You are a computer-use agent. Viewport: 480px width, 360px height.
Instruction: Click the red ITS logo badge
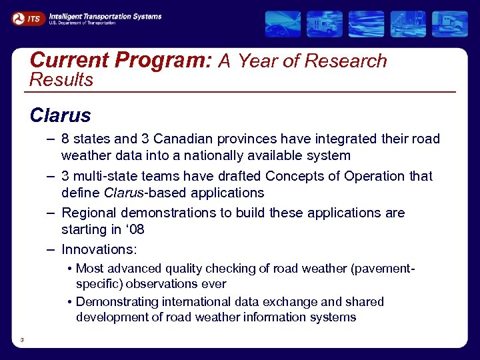tap(28, 19)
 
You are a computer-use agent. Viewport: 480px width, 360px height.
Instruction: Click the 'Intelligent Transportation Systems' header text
tap(105, 16)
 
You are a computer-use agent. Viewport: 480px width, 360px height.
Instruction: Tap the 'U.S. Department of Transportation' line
tap(82, 23)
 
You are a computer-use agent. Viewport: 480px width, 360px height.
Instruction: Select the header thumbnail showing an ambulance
tap(325, 24)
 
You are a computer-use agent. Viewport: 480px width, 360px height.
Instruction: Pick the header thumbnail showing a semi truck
tap(450, 24)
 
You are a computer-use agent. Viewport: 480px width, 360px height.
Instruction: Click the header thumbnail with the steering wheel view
tap(283, 24)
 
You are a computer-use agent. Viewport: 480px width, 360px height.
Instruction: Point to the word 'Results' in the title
tap(61, 80)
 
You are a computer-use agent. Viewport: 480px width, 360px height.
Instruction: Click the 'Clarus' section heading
tap(60, 115)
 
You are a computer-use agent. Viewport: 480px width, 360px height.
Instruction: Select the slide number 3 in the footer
tap(22, 340)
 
